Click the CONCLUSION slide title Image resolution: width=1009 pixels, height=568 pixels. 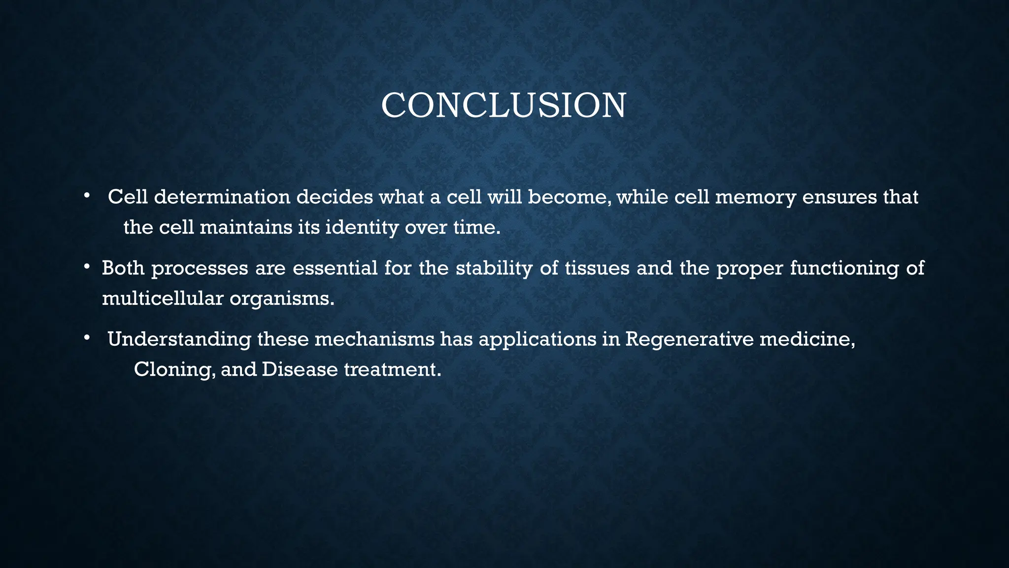[504, 106]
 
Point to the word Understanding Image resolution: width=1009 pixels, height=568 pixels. [179, 340]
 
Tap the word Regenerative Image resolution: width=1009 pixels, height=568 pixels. [689, 340]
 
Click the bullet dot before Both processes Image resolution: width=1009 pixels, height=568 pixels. [86, 267]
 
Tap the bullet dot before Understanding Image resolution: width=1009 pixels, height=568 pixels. [86, 338]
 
